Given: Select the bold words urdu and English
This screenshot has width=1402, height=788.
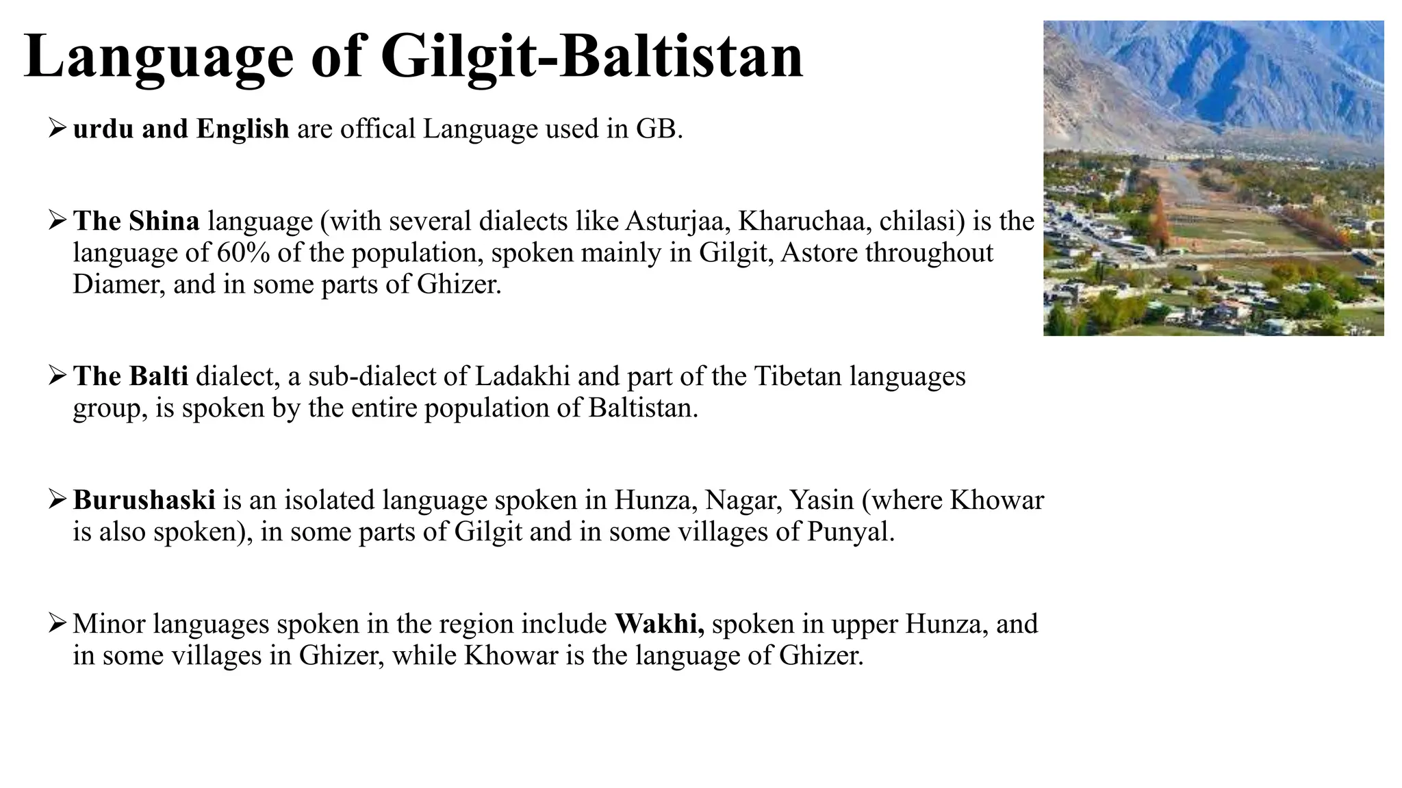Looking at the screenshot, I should pos(181,129).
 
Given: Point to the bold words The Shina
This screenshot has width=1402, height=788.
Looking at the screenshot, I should pos(136,221).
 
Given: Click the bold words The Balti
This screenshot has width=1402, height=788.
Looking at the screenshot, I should pos(130,376).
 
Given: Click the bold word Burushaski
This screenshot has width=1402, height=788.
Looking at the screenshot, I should pos(144,500).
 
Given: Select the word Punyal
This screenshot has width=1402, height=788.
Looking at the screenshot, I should pos(849,531).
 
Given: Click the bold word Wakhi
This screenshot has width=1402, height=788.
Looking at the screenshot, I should pos(659,624).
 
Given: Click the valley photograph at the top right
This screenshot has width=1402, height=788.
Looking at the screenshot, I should pos(1213,178).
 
